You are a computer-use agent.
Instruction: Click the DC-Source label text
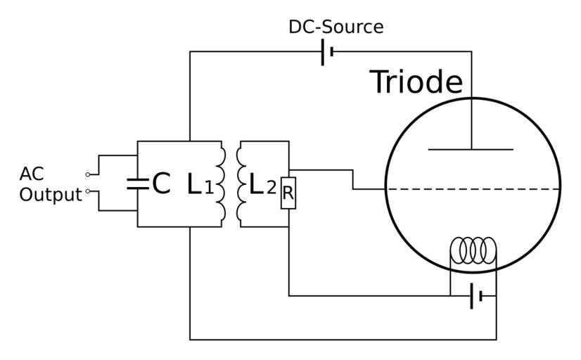click(336, 27)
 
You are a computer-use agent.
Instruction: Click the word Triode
click(416, 82)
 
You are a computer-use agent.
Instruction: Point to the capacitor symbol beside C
click(137, 184)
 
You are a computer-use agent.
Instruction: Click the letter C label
click(161, 184)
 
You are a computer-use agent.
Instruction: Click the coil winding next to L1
click(222, 184)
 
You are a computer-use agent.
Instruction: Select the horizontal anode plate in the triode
click(471, 149)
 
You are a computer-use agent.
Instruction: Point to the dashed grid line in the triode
click(473, 188)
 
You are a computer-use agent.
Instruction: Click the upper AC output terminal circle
click(88, 174)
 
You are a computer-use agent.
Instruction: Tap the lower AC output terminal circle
click(88, 191)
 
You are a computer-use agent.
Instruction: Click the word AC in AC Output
click(32, 174)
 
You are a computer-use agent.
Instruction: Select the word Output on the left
click(50, 195)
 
